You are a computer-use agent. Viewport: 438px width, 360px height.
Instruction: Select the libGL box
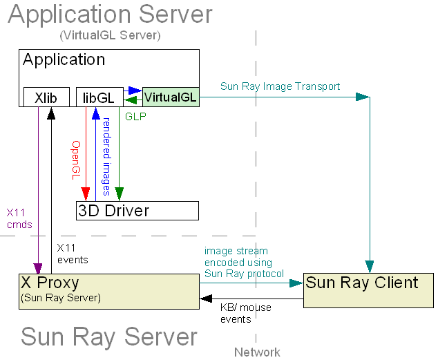pos(99,97)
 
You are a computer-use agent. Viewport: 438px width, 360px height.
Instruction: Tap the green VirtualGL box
pos(170,97)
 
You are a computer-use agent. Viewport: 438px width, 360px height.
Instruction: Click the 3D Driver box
pos(137,210)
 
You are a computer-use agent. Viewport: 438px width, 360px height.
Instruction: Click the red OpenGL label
pos(77,160)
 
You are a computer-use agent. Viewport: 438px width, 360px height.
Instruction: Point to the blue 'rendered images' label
pos(106,156)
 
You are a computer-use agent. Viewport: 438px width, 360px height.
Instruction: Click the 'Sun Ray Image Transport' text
pos(280,86)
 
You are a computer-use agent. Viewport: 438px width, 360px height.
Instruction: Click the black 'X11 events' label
pos(72,253)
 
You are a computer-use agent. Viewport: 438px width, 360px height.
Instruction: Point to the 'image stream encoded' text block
pos(244,263)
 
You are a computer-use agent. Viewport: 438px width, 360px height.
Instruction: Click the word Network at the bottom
pos(257,352)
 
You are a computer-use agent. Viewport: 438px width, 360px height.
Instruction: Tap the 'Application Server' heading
pos(110,15)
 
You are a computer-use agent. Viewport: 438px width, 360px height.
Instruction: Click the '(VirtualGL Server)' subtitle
pos(110,35)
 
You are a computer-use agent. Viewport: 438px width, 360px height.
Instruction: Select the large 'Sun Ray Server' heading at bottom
pos(109,337)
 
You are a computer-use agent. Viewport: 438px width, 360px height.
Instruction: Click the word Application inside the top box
pos(64,60)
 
